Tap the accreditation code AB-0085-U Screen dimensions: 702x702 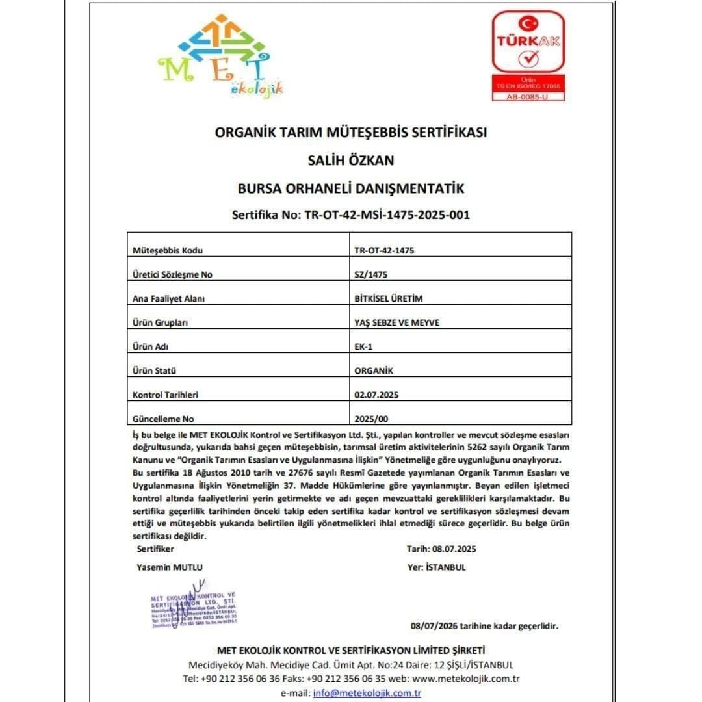[x=527, y=97]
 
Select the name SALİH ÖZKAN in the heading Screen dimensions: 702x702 [x=351, y=160]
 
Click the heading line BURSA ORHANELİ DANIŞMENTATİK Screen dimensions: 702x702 [x=351, y=188]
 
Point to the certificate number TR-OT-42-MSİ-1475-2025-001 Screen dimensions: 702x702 [x=387, y=215]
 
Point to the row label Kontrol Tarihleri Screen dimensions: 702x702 [x=164, y=395]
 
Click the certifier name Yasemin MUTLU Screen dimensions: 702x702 [x=170, y=567]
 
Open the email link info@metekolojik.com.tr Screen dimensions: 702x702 [x=367, y=693]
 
